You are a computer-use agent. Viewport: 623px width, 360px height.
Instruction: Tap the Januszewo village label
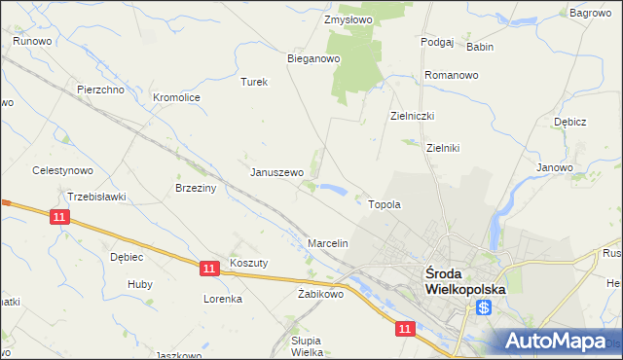pyautogui.click(x=277, y=172)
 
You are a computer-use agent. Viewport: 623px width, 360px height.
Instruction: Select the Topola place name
pyautogui.click(x=385, y=205)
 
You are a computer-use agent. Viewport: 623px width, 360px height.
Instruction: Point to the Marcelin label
pyautogui.click(x=328, y=242)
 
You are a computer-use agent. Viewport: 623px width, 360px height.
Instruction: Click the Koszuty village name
pyautogui.click(x=248, y=263)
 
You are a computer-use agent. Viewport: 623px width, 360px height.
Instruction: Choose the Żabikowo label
pyautogui.click(x=321, y=293)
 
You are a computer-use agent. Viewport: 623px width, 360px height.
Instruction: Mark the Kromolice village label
pyautogui.click(x=176, y=97)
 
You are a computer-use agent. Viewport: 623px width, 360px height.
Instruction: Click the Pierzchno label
pyautogui.click(x=99, y=90)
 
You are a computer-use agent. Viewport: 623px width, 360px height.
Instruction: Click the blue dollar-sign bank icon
pyautogui.click(x=484, y=307)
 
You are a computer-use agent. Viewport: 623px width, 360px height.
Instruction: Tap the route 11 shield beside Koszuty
pyautogui.click(x=209, y=267)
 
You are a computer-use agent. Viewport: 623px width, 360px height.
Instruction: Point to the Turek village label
pyautogui.click(x=254, y=82)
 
